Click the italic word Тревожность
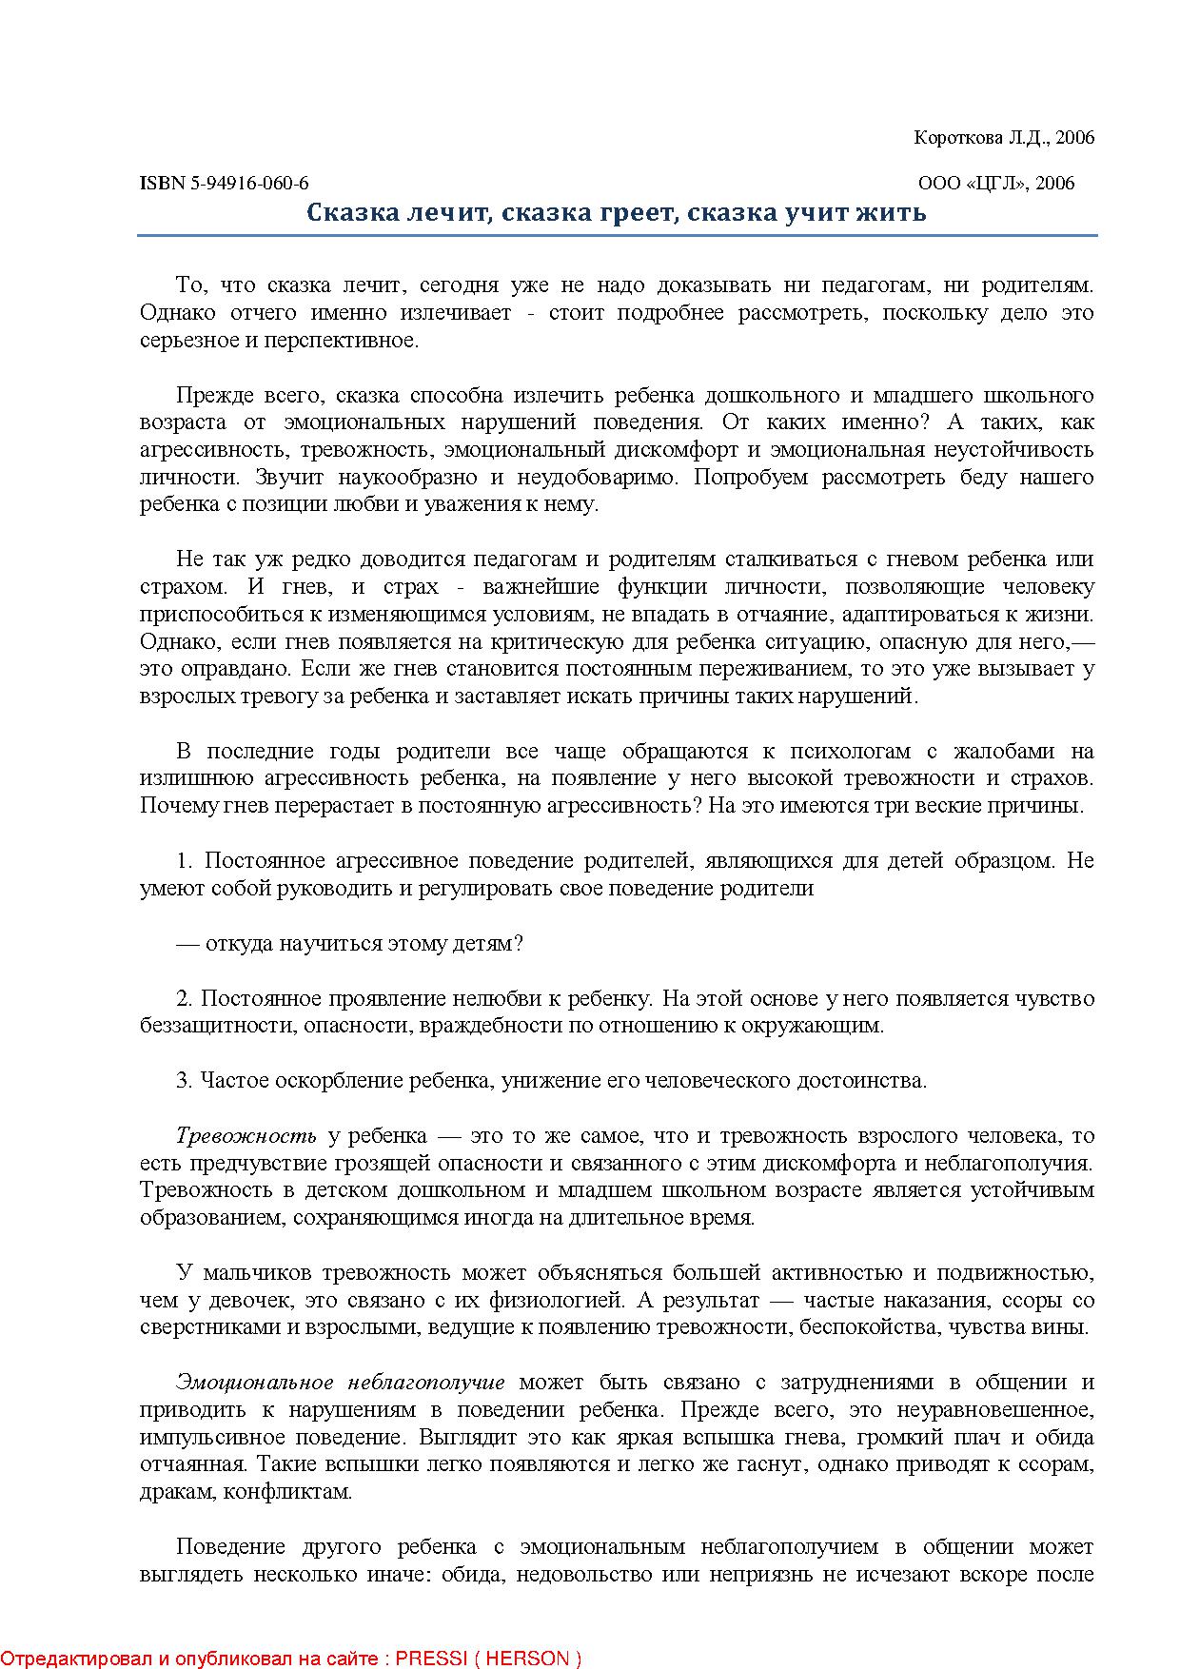click(x=246, y=1135)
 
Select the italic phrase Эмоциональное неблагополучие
click(x=341, y=1382)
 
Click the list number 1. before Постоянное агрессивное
click(x=185, y=861)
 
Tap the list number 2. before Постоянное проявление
click(x=185, y=998)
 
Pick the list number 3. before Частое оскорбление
click(x=185, y=1081)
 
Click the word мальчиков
click(x=260, y=1272)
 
